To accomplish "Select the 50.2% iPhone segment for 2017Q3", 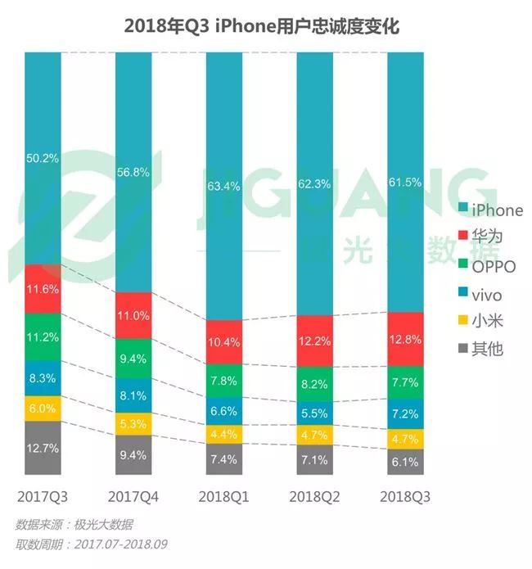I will pyautogui.click(x=43, y=158).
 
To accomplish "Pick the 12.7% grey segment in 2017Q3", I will pyautogui.click(x=43, y=447).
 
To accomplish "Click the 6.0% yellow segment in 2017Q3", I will pyautogui.click(x=43, y=409).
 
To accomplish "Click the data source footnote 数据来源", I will pyautogui.click(x=74, y=525).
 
